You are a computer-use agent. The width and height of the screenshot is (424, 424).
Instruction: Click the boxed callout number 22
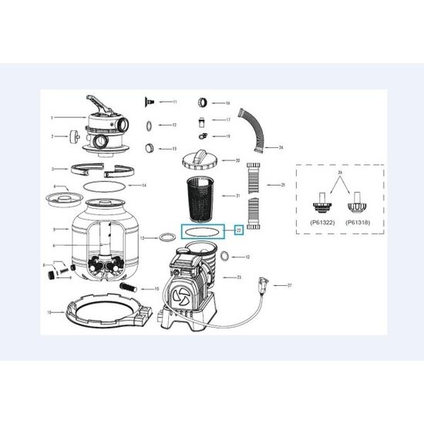pos(239,230)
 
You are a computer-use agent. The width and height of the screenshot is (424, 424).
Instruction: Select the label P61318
pos(358,222)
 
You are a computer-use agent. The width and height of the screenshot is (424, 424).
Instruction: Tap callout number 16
pos(228,103)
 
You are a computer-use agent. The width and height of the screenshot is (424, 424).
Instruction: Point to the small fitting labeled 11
pos(152,101)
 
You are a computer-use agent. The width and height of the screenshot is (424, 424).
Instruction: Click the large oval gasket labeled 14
pos(100,185)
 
